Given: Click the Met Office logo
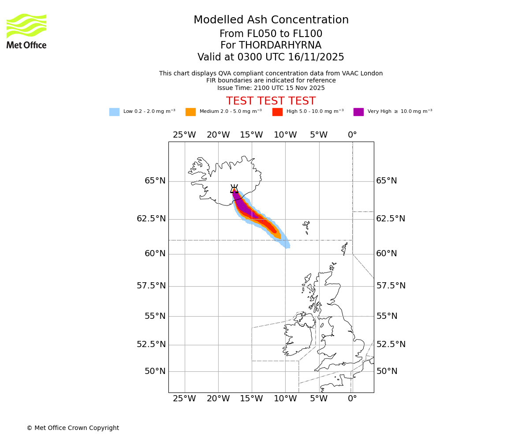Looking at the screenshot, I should [x=26, y=31].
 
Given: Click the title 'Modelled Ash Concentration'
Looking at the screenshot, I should [x=271, y=20].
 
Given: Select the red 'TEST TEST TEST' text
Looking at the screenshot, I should [x=271, y=101].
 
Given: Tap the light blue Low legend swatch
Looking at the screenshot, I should [x=114, y=112].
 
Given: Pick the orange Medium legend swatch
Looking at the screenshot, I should [x=190, y=112].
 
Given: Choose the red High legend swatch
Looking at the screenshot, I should [x=277, y=112].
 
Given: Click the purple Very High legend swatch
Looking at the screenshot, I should [x=358, y=112].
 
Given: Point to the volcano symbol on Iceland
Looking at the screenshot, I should [x=234, y=189].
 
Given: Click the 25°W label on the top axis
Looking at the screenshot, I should [x=184, y=135].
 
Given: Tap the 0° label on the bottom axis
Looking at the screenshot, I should [x=352, y=399].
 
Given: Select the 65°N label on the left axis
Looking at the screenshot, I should [x=155, y=181].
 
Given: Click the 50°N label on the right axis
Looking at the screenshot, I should [x=387, y=371].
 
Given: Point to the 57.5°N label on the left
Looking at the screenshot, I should [x=151, y=286].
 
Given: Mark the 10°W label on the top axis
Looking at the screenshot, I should [x=285, y=135].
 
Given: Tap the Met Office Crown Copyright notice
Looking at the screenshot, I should [x=73, y=428].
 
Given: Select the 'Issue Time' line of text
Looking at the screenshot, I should [x=271, y=88].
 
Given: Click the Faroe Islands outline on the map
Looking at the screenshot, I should [x=306, y=227].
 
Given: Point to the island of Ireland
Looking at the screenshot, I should [x=298, y=337].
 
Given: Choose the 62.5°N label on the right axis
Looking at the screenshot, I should [x=391, y=219].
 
